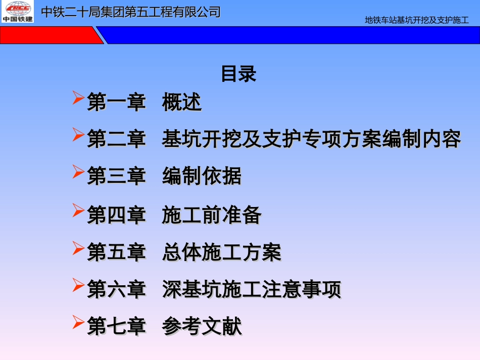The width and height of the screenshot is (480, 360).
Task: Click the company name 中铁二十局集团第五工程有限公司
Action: coord(131,12)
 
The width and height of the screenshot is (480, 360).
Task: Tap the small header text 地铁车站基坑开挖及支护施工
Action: coord(417,21)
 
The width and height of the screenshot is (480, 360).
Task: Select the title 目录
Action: coord(238,74)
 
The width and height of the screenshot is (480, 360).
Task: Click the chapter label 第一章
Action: coord(116,102)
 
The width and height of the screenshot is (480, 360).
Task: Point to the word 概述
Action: coord(182,102)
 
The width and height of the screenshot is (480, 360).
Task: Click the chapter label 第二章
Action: coord(116,139)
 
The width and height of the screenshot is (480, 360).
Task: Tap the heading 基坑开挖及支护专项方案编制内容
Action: coord(311,139)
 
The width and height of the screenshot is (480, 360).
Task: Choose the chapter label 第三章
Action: coord(116,176)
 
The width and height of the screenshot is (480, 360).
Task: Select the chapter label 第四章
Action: coord(116,215)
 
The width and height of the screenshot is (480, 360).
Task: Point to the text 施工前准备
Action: coord(212,215)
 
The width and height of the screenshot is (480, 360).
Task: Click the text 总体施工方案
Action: coord(222,252)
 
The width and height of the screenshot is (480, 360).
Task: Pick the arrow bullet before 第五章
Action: coord(78,247)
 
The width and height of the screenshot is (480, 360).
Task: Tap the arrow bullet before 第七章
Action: coord(78,322)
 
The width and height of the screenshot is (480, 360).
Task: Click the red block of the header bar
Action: coord(48,35)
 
